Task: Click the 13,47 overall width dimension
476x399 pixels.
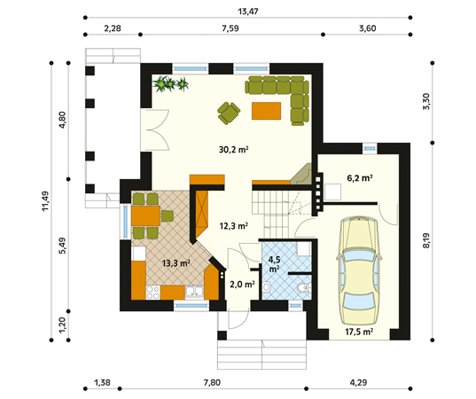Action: pos(247,12)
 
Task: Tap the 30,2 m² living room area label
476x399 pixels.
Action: pos(234,150)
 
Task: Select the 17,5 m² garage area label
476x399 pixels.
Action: pos(359,332)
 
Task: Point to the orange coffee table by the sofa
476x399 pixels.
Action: pos(266,111)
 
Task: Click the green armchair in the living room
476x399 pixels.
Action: pos(229,113)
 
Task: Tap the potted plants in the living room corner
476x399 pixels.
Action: pos(170,83)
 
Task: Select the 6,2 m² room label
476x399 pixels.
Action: pos(360,178)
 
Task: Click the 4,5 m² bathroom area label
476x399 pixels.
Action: pos(274,264)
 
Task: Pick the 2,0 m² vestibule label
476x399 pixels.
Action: pos(242,285)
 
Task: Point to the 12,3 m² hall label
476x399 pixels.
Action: pos(234,225)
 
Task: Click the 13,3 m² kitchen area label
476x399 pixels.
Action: pos(176,263)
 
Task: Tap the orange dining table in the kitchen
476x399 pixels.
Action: pos(145,215)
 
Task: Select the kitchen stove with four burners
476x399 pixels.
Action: pos(153,293)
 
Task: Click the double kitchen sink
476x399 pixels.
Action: pos(194,293)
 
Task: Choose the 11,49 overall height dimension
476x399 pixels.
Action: pos(45,201)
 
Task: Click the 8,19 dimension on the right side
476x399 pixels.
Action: pos(426,240)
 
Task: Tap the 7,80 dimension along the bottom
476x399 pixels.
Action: pos(212,382)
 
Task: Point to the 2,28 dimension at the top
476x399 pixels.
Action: pos(113,28)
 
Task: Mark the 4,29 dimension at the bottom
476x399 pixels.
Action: pos(358,382)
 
